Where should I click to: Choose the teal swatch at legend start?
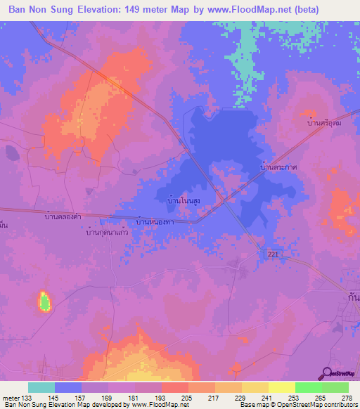[41, 387]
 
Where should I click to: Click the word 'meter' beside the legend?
[10, 397]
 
